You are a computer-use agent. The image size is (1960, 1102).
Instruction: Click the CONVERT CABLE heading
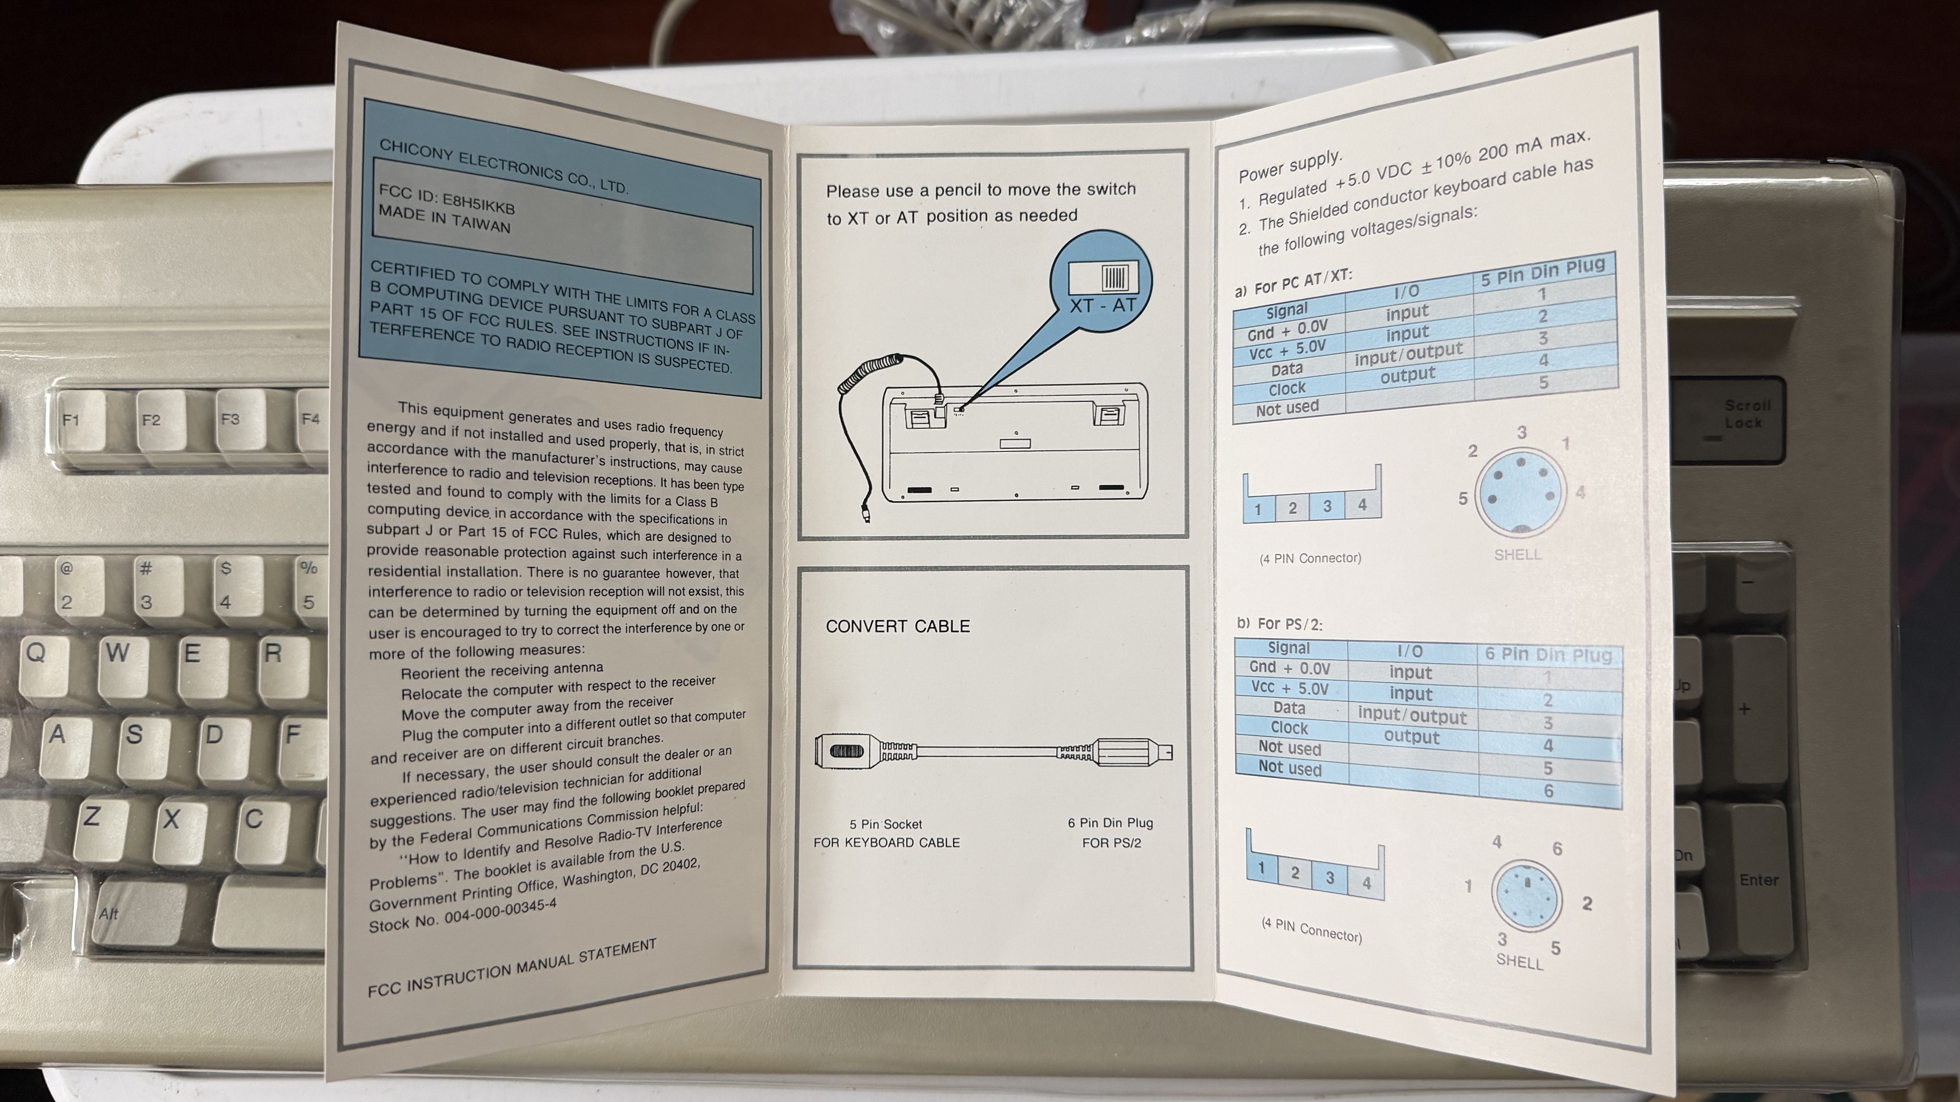pos(898,626)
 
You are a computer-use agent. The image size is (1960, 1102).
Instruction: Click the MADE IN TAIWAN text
pos(444,219)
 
